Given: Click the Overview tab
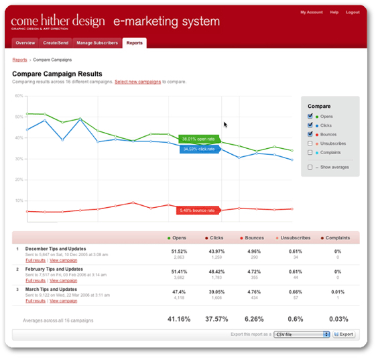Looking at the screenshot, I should pyautogui.click(x=25, y=43).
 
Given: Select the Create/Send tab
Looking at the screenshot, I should pyautogui.click(x=58, y=43).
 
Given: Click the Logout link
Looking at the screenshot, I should pyautogui.click(x=353, y=12).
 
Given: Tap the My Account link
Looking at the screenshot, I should pyautogui.click(x=310, y=12).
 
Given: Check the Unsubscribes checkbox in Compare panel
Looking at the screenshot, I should pyautogui.click(x=310, y=143).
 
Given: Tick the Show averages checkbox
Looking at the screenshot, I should pyautogui.click(x=310, y=167).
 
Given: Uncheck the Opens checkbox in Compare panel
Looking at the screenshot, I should pyautogui.click(x=310, y=117).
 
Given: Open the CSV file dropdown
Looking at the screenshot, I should pyautogui.click(x=302, y=333).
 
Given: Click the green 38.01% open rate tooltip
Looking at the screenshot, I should pyautogui.click(x=198, y=139).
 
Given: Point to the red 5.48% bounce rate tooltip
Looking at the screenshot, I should pyautogui.click(x=197, y=211).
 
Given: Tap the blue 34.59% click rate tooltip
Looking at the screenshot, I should pyautogui.click(x=199, y=149).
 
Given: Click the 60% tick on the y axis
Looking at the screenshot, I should pyautogui.click(x=19, y=96).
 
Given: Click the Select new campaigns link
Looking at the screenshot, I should pyautogui.click(x=137, y=82).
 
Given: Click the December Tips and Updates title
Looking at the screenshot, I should pyautogui.click(x=56, y=249).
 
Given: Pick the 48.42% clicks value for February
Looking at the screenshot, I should pyautogui.click(x=215, y=268).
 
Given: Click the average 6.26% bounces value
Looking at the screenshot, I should pyautogui.click(x=254, y=319).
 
